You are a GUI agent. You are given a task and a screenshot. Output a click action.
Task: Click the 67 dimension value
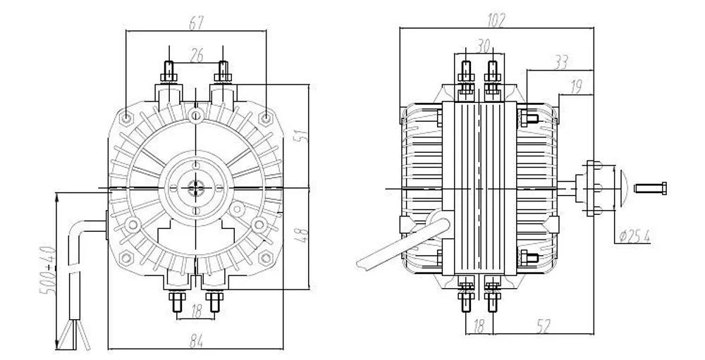pos(196,23)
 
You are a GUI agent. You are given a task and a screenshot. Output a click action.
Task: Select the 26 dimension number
pos(197,56)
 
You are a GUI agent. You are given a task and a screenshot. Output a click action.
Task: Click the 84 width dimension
pos(196,342)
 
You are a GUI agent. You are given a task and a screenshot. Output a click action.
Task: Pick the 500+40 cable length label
pos(48,270)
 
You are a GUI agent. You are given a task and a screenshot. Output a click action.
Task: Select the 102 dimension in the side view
pos(496,20)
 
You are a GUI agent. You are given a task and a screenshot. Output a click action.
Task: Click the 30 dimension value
pos(483,46)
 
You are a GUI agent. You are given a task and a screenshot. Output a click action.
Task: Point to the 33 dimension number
pos(560,63)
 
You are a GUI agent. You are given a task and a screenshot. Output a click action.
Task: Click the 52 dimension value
pos(543,327)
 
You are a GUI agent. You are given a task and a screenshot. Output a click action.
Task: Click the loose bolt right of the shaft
pos(650,188)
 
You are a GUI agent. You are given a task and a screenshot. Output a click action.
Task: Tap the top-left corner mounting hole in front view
pos(127,118)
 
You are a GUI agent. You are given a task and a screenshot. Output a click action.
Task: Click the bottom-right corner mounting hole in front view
pos(266,258)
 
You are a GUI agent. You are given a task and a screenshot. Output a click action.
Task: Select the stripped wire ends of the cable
pos(74,335)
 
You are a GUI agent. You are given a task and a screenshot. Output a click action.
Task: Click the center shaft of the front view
pos(196,188)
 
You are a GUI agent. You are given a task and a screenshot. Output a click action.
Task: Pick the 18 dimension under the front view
pos(196,311)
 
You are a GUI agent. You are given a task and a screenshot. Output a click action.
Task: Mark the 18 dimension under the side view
pos(479,327)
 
